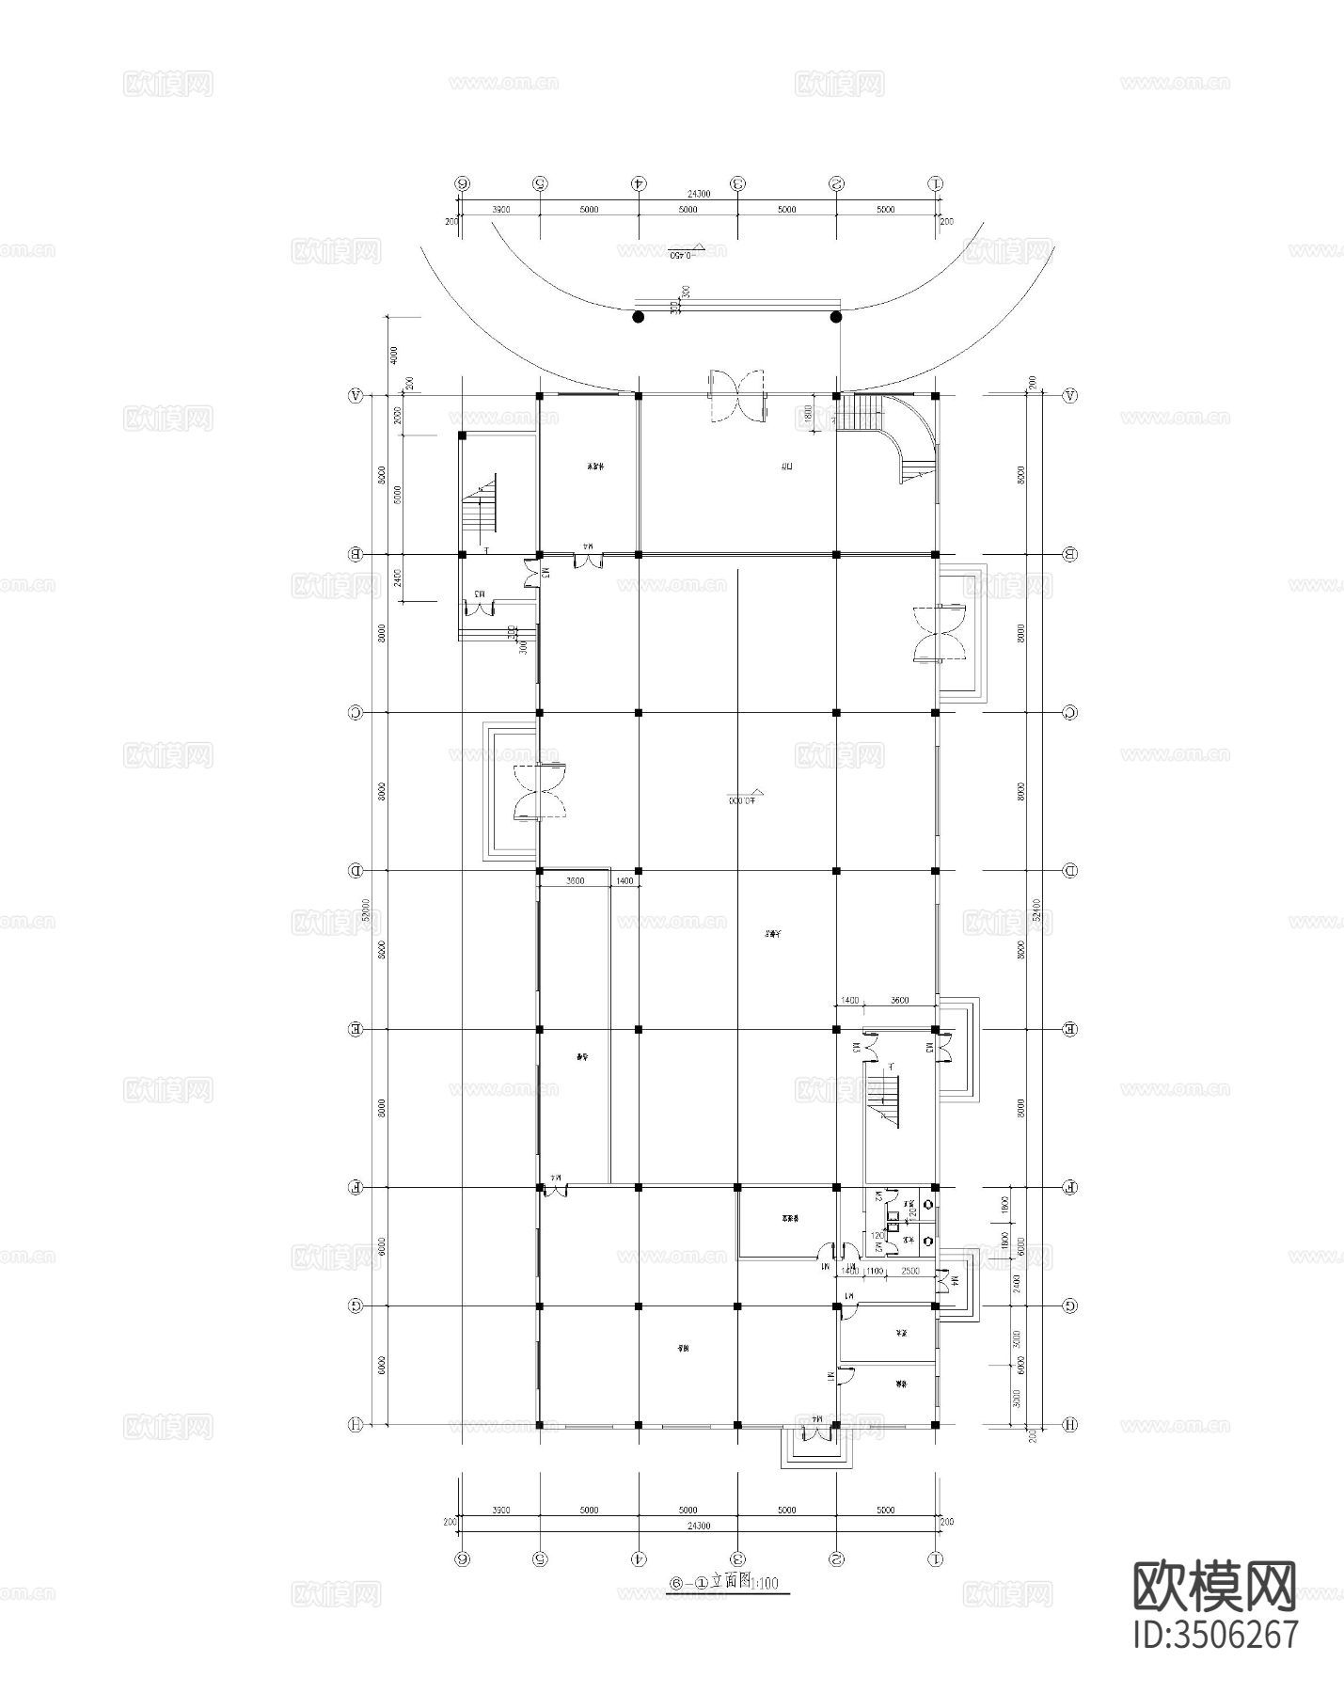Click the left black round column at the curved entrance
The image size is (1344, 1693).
point(639,317)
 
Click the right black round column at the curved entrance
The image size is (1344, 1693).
point(836,317)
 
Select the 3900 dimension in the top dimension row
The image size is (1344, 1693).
point(500,210)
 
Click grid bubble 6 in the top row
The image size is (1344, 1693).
point(462,184)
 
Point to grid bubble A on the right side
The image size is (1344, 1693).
point(1069,396)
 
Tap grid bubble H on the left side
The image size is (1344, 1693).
point(356,1425)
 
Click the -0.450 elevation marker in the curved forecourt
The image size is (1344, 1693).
point(688,253)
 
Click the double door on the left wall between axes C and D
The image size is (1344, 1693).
point(538,792)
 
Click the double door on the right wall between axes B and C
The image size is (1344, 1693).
point(939,636)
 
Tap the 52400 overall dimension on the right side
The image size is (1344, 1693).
point(1036,914)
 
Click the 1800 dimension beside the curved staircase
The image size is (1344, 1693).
point(807,414)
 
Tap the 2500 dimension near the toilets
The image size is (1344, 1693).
point(910,1272)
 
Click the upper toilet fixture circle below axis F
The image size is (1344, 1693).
point(929,1205)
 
